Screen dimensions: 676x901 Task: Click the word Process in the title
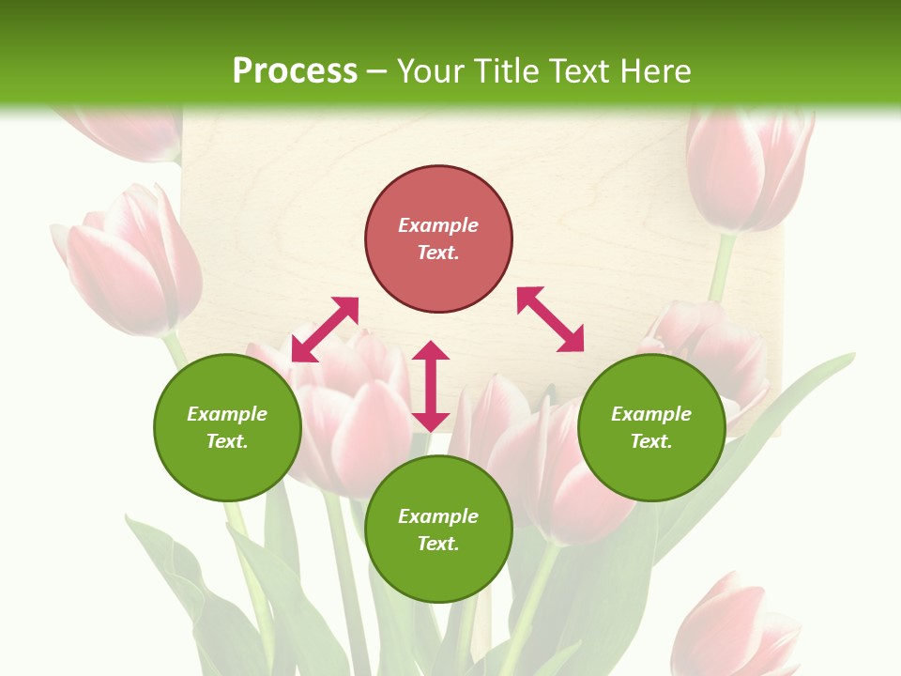coord(295,71)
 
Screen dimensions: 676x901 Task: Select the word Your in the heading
coord(429,71)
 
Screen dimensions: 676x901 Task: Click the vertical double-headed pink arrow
coord(431,386)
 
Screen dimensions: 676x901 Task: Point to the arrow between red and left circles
coord(325,330)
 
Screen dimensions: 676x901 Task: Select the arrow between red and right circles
coord(550,319)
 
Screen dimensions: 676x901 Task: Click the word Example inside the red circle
coord(438,225)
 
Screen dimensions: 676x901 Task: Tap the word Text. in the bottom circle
coord(438,544)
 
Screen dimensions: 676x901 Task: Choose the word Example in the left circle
coord(227,414)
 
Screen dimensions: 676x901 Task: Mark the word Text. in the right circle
coord(651,441)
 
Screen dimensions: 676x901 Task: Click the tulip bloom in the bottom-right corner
coord(737,624)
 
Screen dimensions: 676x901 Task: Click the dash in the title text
coord(376,71)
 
